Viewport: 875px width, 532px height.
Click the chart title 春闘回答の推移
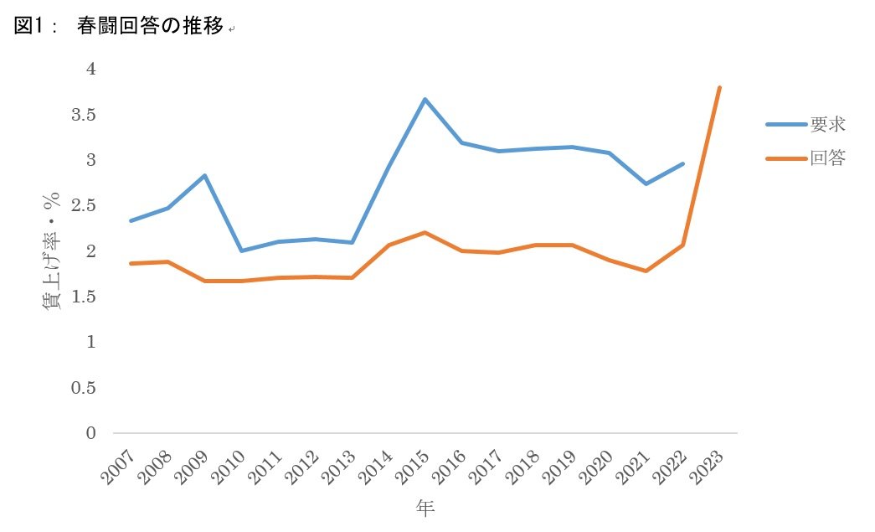[150, 26]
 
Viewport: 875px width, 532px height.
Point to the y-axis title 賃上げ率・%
[51, 251]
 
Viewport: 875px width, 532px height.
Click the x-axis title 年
[425, 508]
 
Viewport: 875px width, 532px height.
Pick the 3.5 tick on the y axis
[84, 115]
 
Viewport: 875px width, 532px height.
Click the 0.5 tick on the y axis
[84, 387]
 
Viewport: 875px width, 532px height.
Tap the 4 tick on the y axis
[91, 69]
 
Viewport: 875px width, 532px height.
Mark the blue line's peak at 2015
[425, 100]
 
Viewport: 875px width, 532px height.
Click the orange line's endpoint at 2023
[719, 88]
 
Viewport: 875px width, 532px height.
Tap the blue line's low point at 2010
[241, 251]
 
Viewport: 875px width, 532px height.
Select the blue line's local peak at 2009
[205, 175]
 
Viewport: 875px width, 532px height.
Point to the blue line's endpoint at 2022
[682, 164]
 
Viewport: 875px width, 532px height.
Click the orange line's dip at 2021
[646, 271]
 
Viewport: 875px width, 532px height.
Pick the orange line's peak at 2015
[425, 232]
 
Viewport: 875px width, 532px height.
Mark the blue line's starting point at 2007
[131, 220]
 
